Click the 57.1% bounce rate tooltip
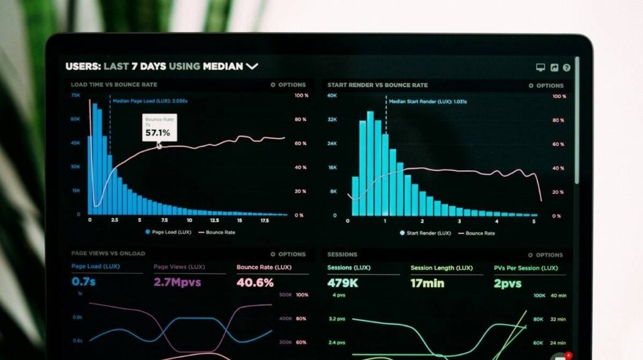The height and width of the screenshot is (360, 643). pos(158,128)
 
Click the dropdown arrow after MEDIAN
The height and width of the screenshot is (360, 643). pos(252,66)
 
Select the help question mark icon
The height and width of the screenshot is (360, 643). pos(566,68)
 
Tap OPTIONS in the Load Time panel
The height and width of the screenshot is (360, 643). pos(288,85)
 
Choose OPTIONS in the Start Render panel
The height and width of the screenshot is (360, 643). pos(546,85)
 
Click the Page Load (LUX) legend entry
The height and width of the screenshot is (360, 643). pos(168,232)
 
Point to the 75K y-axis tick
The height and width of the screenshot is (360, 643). pos(75,95)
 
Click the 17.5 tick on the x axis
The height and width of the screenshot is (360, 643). pos(264,221)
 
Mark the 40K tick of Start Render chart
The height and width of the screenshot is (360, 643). pos(332,96)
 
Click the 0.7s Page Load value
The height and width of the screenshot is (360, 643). pos(84,282)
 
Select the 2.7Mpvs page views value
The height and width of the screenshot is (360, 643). pos(178,282)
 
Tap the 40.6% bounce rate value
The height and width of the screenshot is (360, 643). pos(255,283)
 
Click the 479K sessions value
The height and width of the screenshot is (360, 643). pos(343,283)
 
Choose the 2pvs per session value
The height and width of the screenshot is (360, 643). pos(507,284)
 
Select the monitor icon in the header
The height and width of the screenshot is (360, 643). pos(540,68)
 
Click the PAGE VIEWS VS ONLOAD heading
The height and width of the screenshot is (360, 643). pos(108,253)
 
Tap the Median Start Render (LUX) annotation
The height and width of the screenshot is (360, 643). pos(427,101)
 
